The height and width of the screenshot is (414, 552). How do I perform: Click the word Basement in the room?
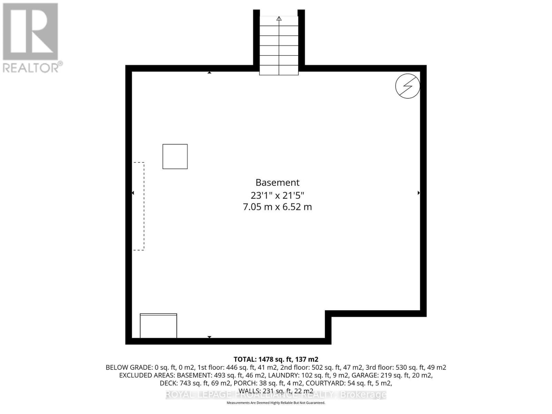pyautogui.click(x=277, y=183)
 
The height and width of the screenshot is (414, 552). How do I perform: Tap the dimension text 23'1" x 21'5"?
pyautogui.click(x=277, y=196)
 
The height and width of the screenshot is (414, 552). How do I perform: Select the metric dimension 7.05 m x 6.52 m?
pyautogui.click(x=277, y=207)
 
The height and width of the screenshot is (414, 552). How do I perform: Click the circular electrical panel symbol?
pyautogui.click(x=407, y=86)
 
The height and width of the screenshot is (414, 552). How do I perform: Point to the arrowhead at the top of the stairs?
pyautogui.click(x=279, y=19)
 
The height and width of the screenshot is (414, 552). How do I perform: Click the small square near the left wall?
pyautogui.click(x=175, y=157)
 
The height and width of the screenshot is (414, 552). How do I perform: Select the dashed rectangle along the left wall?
pyautogui.click(x=139, y=206)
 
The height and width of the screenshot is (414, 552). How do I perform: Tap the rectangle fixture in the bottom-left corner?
pyautogui.click(x=158, y=326)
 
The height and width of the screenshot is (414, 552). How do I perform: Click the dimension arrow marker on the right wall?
pyautogui.click(x=418, y=193)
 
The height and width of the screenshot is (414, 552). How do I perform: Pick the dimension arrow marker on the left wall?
pyautogui.click(x=133, y=193)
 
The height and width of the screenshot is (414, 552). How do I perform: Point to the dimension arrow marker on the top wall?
pyautogui.click(x=209, y=72)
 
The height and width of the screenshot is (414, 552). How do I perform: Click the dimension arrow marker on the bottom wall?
pyautogui.click(x=209, y=337)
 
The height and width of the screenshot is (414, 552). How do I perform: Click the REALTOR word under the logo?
pyautogui.click(x=31, y=67)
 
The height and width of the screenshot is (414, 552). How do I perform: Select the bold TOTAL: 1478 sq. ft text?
pyautogui.click(x=276, y=359)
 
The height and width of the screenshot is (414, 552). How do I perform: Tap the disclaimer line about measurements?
pyautogui.click(x=276, y=403)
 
